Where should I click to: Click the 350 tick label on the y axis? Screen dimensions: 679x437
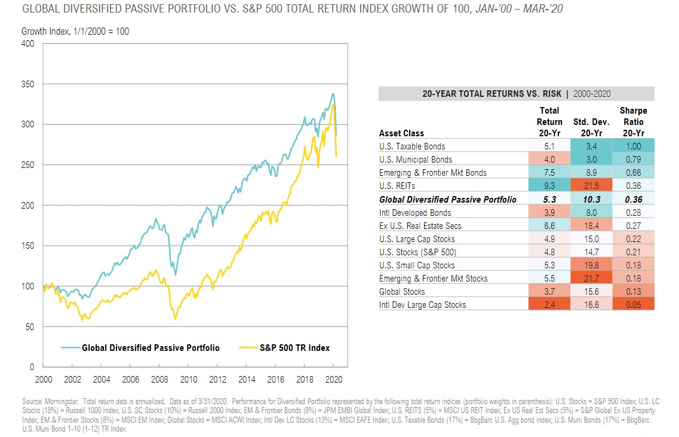pos(27,84)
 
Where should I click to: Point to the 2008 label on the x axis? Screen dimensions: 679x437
pos(159,380)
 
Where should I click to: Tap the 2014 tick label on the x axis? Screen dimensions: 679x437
pos(247,380)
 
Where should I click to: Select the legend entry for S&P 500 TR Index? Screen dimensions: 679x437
pos(284,348)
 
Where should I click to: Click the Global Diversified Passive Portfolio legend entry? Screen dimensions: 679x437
pos(140,348)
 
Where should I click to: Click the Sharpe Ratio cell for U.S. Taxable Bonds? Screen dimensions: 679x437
pos(633,146)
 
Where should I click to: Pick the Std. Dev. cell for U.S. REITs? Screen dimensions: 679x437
pos(591,186)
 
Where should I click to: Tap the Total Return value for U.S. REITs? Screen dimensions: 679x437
pos(549,186)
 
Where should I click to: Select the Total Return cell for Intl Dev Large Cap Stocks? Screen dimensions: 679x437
pos(549,305)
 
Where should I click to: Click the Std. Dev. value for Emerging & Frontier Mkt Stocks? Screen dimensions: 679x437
pos(591,279)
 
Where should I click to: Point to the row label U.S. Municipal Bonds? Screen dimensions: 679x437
pos(416,160)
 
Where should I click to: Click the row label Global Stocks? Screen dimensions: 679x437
pos(402,292)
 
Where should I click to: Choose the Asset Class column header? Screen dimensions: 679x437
pos(401,133)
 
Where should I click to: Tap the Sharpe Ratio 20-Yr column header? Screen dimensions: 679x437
pos(633,122)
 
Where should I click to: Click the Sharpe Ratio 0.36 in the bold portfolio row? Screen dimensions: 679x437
pos(633,200)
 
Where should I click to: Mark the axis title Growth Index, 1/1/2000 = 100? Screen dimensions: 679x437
pos(75,31)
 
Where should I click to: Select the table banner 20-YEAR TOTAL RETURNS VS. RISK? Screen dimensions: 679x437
pos(491,94)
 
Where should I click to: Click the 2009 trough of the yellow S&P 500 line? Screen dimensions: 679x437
pos(176,319)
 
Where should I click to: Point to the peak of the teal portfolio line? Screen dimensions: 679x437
pos(333,94)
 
